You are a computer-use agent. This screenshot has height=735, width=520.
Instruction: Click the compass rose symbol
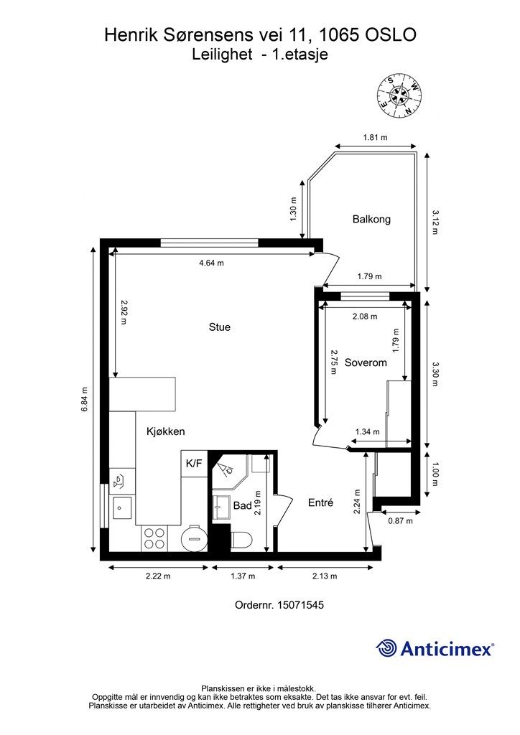coord(399,97)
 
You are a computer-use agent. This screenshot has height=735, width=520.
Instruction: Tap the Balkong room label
coord(371,220)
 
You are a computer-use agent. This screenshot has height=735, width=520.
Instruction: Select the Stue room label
coord(220,327)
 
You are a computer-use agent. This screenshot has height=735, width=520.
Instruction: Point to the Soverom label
coord(366,362)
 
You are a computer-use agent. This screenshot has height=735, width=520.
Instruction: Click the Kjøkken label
coord(165,431)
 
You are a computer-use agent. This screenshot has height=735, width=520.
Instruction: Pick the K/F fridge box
coord(194,464)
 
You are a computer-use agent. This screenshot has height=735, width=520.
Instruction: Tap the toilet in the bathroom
coord(242,540)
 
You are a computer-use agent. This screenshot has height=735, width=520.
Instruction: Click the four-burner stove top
coord(154,538)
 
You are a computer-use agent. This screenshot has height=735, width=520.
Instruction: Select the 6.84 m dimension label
coord(85,399)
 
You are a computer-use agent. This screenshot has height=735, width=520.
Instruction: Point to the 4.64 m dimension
coord(211,263)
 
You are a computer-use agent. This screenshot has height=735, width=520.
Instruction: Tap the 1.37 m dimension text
coord(243,576)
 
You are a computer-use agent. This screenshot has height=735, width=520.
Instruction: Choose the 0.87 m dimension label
coord(401,521)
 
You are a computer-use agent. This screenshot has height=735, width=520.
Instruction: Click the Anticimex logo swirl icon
coord(386,648)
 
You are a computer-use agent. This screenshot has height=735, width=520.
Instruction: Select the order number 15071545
coord(300,604)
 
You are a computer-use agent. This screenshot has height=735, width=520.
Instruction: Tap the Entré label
coord(321,502)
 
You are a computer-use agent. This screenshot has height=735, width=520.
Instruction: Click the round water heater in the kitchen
coord(194,538)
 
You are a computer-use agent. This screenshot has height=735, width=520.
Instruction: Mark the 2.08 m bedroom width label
coord(365,317)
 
